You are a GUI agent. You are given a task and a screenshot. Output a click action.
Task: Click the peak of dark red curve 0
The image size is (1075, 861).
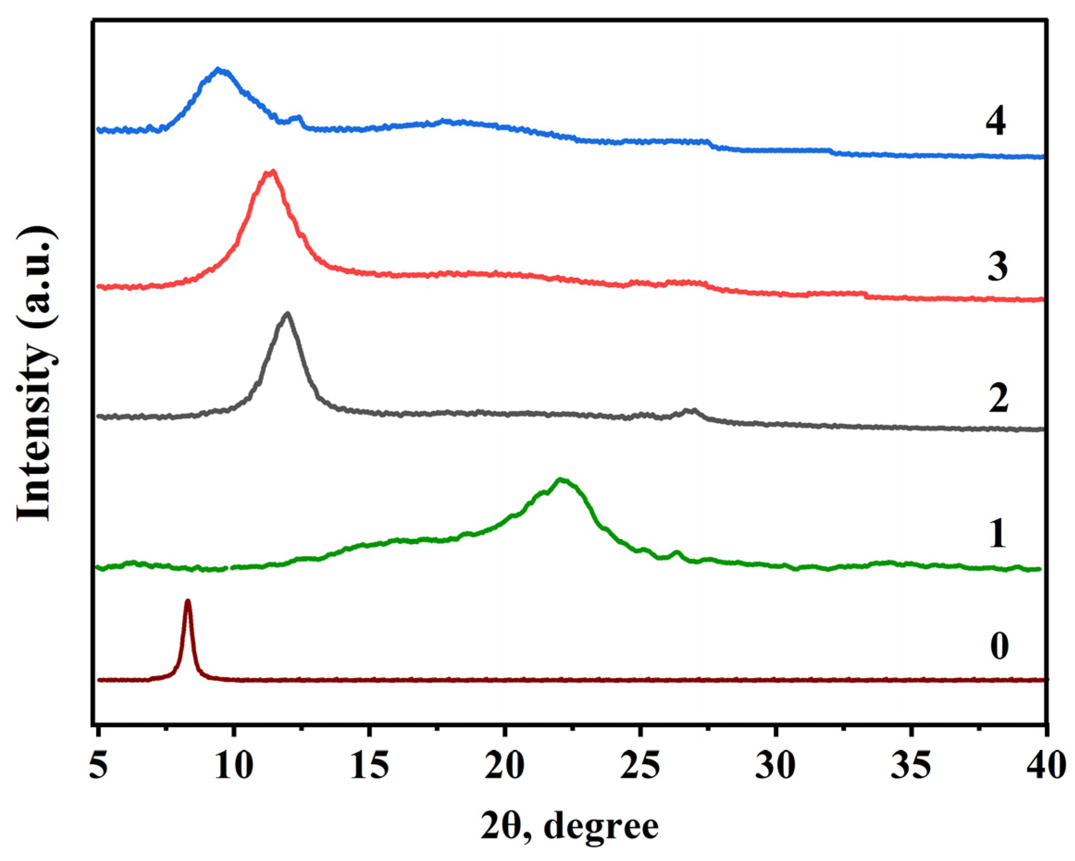tap(187, 602)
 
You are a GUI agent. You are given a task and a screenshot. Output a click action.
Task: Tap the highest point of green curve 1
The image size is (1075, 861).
tap(561, 480)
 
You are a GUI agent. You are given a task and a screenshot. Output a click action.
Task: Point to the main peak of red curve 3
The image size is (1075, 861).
tap(271, 172)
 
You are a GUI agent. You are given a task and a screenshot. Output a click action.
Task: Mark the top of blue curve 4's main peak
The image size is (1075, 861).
tap(218, 69)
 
